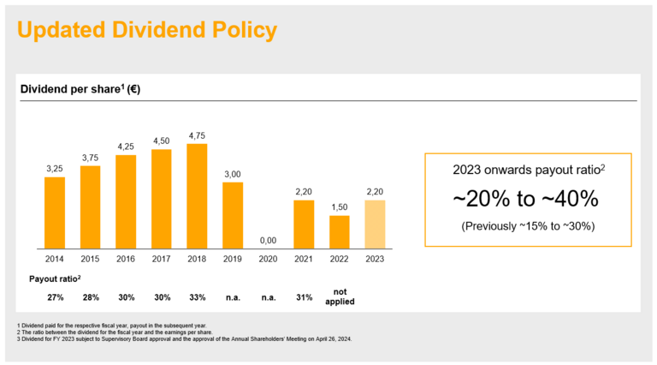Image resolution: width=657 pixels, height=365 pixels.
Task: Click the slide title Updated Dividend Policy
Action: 147,31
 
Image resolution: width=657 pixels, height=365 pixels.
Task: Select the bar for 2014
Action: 55,212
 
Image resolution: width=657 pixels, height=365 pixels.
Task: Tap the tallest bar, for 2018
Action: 197,195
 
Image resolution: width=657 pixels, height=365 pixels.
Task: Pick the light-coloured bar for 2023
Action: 375,224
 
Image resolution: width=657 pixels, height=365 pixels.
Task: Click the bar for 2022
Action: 340,231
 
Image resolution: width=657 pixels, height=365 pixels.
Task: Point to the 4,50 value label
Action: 161,141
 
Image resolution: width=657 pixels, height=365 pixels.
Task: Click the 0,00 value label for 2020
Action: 269,241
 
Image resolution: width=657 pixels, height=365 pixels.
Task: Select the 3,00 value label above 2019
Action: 233,174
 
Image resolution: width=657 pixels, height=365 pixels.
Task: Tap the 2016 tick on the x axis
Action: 126,258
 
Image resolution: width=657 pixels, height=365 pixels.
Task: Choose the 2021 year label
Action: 304,258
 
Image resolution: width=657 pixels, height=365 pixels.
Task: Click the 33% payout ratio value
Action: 197,297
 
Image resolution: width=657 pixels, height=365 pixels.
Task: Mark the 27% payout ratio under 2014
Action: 55,297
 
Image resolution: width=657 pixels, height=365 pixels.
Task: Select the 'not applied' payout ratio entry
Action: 340,296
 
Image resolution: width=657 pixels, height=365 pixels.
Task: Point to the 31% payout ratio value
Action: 304,297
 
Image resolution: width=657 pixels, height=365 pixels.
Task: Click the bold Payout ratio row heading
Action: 55,279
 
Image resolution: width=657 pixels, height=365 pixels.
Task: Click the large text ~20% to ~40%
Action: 525,200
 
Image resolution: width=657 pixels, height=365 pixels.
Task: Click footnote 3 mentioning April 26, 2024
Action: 184,338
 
